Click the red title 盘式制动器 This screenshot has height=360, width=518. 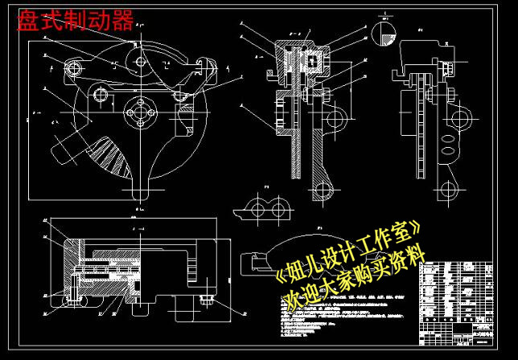[x=76, y=21]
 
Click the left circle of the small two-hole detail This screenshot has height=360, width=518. [x=260, y=211]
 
